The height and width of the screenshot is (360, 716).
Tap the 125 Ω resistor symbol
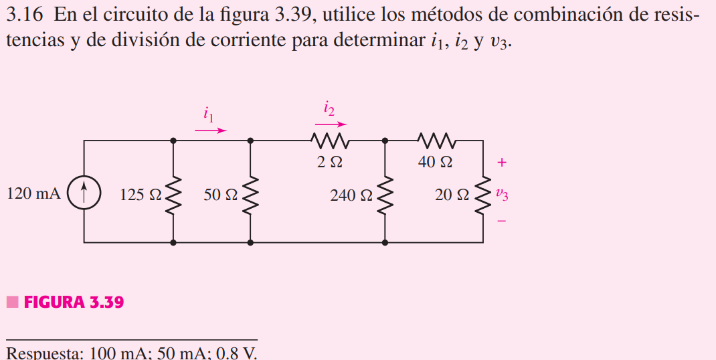tap(174, 194)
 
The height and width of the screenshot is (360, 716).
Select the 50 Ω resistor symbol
tap(250, 194)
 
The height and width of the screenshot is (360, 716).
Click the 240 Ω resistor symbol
tap(385, 194)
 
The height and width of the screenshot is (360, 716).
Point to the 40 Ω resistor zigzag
tap(436, 141)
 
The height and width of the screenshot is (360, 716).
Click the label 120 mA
tap(33, 194)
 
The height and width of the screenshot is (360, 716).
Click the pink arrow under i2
tap(331, 124)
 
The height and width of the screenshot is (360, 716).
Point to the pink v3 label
tap(502, 195)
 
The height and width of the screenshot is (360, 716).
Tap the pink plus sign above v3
tap(502, 162)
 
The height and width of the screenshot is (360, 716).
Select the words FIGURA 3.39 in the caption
tap(74, 302)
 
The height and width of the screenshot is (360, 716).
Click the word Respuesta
tap(42, 353)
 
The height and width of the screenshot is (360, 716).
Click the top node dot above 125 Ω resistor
tap(174, 141)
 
